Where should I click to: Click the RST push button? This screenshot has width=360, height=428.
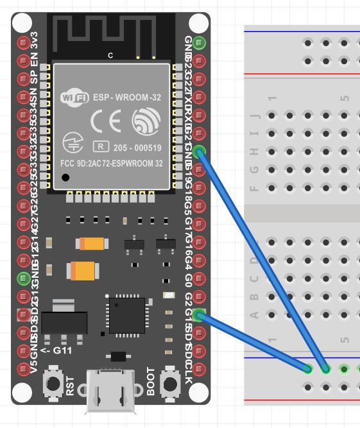(51, 384)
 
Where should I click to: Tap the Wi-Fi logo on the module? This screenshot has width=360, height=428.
(74, 98)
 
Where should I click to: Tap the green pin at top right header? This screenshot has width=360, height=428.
(200, 44)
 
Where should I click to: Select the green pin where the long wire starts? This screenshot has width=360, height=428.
(200, 152)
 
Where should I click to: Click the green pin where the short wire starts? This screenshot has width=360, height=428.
(200, 315)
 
